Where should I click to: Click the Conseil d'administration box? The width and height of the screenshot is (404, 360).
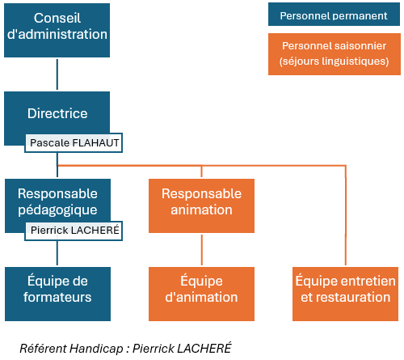(x=57, y=30)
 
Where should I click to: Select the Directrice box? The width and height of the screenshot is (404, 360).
(x=57, y=113)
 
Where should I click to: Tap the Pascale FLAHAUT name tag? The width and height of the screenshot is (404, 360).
(x=74, y=142)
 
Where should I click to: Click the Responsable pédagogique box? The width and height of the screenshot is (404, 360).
(x=57, y=201)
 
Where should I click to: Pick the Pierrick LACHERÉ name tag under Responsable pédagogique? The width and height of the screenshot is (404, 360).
(x=74, y=231)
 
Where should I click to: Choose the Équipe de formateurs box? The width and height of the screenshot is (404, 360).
(x=57, y=294)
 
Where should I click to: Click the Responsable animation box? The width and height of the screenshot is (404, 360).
(x=201, y=205)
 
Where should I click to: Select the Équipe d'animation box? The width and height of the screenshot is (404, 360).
(x=201, y=294)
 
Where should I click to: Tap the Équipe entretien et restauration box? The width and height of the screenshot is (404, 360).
(x=345, y=294)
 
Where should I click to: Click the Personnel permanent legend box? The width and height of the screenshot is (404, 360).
(x=334, y=15)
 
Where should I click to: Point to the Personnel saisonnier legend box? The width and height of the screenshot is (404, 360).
(x=335, y=54)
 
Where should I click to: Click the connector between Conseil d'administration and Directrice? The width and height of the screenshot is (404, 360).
(x=57, y=74)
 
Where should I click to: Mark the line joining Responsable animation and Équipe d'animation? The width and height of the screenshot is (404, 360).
(x=202, y=250)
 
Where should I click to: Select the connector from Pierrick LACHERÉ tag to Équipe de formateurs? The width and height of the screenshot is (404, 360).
(x=57, y=253)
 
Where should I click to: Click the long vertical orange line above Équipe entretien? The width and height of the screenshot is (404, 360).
(x=346, y=215)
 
